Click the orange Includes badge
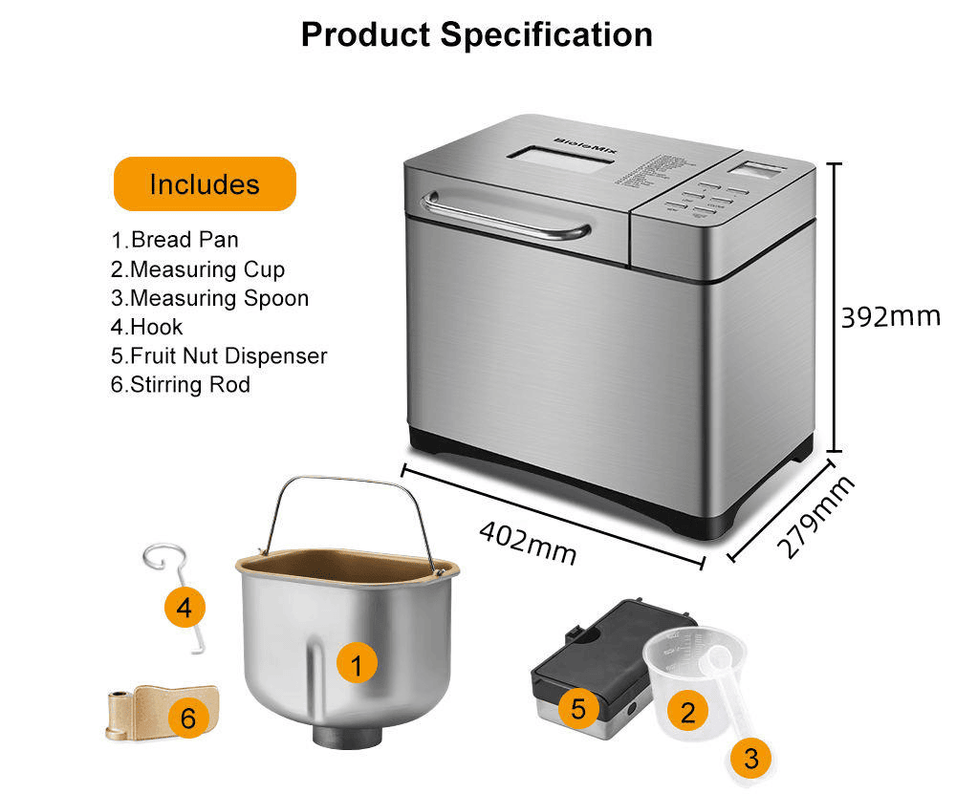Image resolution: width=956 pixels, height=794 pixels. click(x=205, y=183)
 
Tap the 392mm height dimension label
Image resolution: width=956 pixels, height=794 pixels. click(x=890, y=316)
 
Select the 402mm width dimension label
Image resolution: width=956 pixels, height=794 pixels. click(x=527, y=541)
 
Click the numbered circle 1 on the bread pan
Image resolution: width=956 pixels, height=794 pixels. click(x=357, y=665)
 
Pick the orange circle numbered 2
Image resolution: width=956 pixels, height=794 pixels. click(x=687, y=710)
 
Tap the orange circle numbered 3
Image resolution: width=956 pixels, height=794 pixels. click(x=750, y=759)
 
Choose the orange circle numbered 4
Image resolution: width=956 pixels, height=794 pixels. click(x=185, y=606)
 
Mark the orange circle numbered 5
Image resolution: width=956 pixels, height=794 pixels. click(x=578, y=708)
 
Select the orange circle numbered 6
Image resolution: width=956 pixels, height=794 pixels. click(x=187, y=718)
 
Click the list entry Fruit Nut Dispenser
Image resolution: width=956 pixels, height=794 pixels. click(x=219, y=356)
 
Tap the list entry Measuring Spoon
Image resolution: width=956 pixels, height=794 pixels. click(x=210, y=298)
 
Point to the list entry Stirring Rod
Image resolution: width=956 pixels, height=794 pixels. click(x=181, y=385)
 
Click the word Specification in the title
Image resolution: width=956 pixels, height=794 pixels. click(x=546, y=34)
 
